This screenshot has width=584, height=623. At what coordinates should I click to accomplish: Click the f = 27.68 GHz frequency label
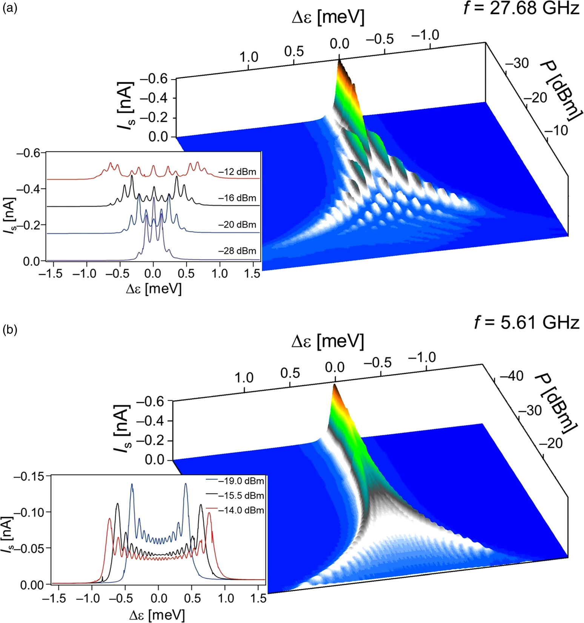point(521,8)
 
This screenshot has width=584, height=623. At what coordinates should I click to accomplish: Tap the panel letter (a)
point(9,9)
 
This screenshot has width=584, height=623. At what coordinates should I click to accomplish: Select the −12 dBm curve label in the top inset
point(237,172)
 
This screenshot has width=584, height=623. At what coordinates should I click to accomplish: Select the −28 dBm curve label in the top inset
point(237,251)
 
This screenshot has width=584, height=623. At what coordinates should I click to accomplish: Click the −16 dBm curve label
point(237,198)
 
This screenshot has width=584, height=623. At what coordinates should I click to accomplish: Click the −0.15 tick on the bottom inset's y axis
point(29,476)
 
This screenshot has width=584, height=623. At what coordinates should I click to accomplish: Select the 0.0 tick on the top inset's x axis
point(153,274)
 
